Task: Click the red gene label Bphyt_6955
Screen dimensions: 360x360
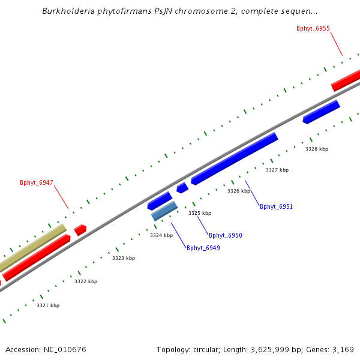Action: point(313,28)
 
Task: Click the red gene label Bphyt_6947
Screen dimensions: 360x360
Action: point(37,182)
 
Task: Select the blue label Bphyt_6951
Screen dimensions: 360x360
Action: point(276,206)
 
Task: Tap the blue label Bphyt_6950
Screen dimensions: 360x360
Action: point(226,235)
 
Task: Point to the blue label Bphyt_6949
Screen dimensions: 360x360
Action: point(203,248)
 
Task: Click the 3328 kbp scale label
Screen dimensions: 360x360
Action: point(317,149)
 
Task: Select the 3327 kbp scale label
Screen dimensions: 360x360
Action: point(277,170)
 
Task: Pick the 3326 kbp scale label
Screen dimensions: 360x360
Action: point(239,191)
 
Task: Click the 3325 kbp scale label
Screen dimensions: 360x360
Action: point(200,213)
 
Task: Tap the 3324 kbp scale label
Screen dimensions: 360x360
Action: point(161,235)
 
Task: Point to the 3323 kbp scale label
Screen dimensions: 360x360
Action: point(124,258)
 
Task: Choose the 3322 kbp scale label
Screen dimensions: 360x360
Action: point(86,281)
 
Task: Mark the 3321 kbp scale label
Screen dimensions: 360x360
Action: point(48,305)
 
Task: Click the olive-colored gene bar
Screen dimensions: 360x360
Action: point(33,247)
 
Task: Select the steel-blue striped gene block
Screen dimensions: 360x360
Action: point(164,211)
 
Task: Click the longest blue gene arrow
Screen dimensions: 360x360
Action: point(234,158)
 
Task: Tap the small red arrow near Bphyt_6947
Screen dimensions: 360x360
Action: point(80,230)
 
